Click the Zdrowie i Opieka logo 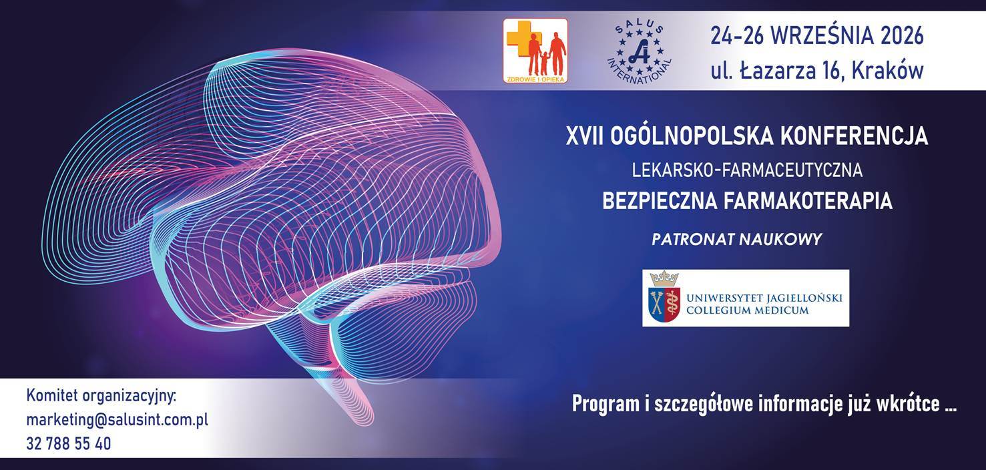tap(535, 51)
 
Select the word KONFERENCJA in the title tap(854, 136)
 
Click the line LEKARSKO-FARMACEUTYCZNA tap(747, 170)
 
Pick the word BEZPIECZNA tap(658, 201)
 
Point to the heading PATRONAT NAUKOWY tap(737, 239)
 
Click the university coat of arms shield tap(665, 304)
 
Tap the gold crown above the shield tap(664, 278)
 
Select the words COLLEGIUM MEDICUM tap(748, 310)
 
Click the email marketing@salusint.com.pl tap(117, 419)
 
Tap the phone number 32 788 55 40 tap(69, 443)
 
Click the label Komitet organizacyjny tap(101, 396)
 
